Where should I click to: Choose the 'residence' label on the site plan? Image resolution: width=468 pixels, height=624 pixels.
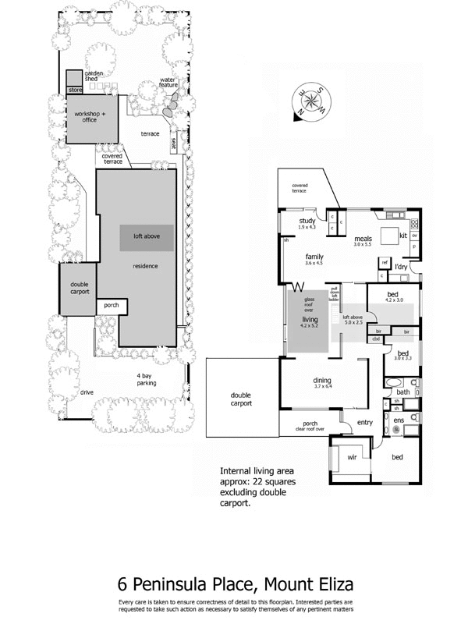(145, 266)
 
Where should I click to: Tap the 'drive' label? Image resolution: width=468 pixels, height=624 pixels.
(85, 392)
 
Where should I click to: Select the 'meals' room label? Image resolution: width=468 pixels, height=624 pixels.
(362, 238)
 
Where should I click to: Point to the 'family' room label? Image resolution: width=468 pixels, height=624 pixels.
(314, 256)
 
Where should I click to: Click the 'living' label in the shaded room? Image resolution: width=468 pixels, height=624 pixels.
(310, 320)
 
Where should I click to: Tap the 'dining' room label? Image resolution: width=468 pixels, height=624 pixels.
(323, 379)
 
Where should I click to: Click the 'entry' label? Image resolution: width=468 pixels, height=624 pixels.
(364, 423)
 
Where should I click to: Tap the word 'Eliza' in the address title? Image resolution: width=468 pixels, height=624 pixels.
(328, 584)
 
